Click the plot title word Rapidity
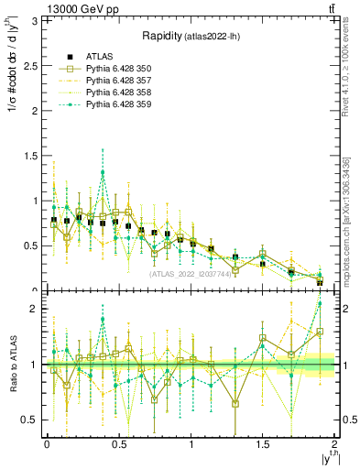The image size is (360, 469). point(163,36)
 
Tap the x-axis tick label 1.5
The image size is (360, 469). point(263,444)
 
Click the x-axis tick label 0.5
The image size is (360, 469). point(118,444)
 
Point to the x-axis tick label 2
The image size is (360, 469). point(335,444)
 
